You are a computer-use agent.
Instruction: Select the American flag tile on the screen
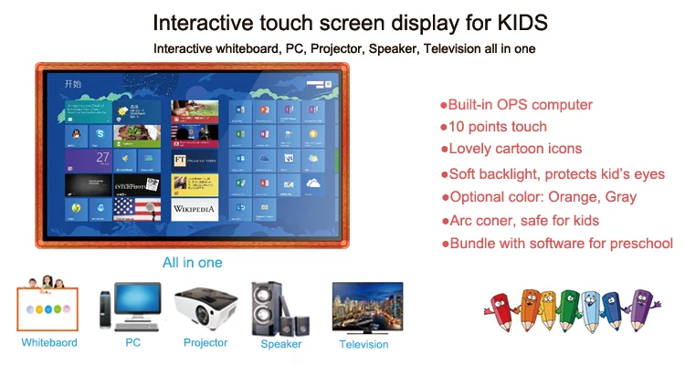coord(136,209)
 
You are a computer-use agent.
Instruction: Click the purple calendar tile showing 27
coord(89,159)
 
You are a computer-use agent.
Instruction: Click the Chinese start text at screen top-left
coord(73,84)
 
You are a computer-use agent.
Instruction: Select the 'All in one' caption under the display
coord(192,263)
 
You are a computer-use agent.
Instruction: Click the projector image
coord(205,308)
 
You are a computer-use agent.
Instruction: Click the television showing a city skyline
coord(364,308)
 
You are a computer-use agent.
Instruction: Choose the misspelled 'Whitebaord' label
coord(49,343)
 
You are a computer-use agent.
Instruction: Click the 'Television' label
coord(364,344)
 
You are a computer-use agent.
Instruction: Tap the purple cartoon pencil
coord(644,309)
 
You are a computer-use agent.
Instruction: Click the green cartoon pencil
coord(568,311)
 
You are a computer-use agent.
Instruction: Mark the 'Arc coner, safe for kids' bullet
coord(524,220)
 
